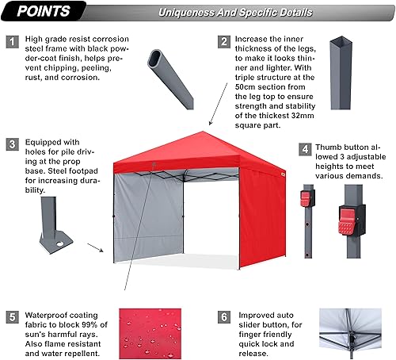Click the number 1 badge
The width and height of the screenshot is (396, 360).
(13, 42)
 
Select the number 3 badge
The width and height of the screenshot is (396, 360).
(13, 144)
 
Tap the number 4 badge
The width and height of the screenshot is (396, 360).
(303, 147)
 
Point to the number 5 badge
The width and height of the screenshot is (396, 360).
(13, 317)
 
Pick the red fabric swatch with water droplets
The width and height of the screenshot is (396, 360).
(157, 331)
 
